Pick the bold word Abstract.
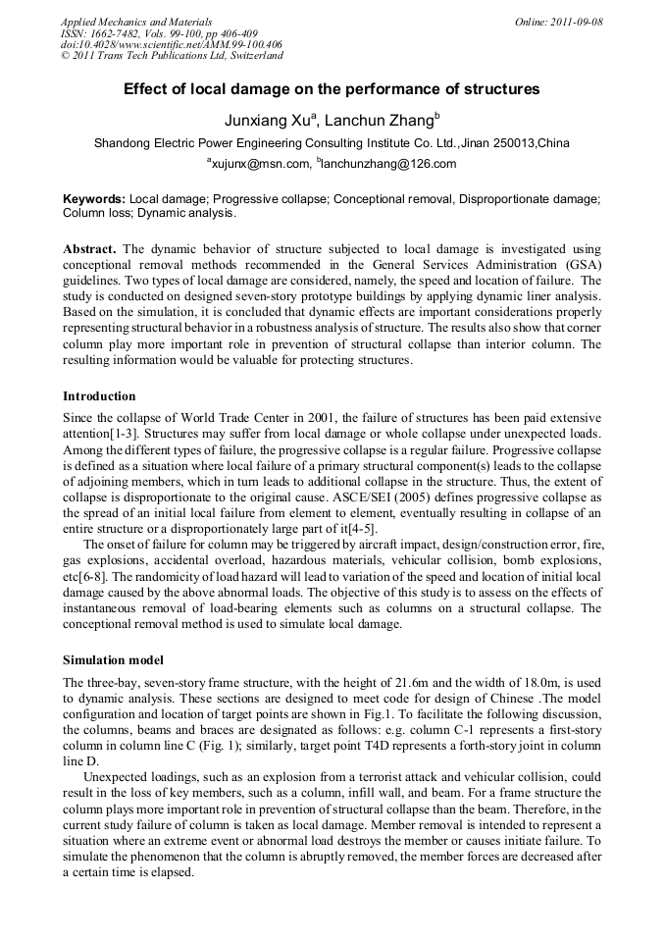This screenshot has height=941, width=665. (88, 250)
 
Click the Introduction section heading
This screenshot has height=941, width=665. (99, 396)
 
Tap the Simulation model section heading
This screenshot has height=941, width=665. (113, 659)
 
